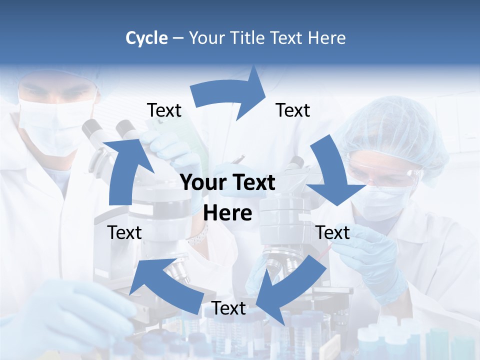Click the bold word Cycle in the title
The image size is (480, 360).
click(146, 38)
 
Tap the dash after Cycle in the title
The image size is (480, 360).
click(178, 38)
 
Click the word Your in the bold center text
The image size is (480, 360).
click(201, 182)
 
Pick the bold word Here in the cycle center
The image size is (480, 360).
click(227, 213)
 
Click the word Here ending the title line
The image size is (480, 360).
click(326, 38)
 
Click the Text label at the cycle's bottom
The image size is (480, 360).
click(228, 308)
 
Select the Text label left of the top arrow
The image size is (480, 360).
click(164, 110)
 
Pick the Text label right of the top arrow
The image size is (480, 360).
click(293, 110)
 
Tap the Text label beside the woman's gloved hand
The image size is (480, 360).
click(333, 232)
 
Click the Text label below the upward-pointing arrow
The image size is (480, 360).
click(124, 232)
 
